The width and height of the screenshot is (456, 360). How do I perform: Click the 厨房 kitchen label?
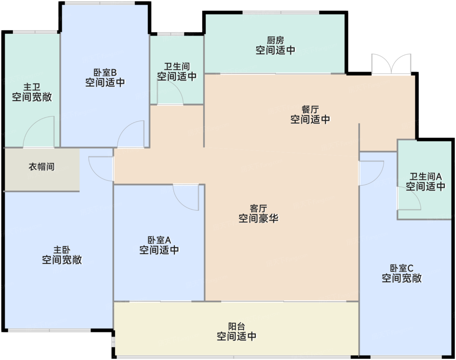tap(275, 40)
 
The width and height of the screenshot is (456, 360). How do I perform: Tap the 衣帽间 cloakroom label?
tap(42, 167)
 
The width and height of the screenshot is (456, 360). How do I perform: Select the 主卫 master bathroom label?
tap(32, 87)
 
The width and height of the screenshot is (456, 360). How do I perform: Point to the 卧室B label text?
tap(105, 73)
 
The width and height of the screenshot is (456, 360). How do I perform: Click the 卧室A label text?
tap(159, 240)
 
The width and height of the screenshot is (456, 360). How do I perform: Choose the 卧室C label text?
tap(402, 268)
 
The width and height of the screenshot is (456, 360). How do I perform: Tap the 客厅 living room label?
tap(259, 209)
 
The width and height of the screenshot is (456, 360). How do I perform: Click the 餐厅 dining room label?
tap(310, 109)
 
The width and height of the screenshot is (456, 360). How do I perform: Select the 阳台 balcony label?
tap(236, 326)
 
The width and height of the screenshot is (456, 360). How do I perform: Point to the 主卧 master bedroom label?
tap(62, 250)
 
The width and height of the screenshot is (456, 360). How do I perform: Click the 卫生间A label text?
tap(425, 176)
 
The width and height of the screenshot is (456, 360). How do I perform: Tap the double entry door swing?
tap(391, 64)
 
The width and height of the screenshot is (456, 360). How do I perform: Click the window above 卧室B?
tap(100, 3)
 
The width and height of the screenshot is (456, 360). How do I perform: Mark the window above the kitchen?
tap(281, 12)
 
